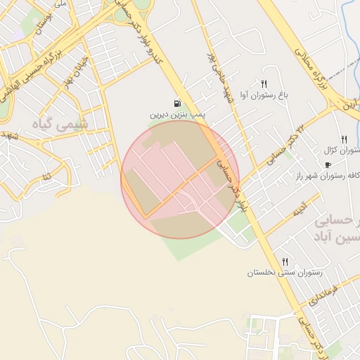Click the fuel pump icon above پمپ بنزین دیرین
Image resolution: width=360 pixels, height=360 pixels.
tap(175, 103)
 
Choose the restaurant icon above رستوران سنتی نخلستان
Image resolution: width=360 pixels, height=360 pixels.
tap(284, 262)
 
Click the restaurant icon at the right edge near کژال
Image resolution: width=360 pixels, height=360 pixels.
tap(344, 139)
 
